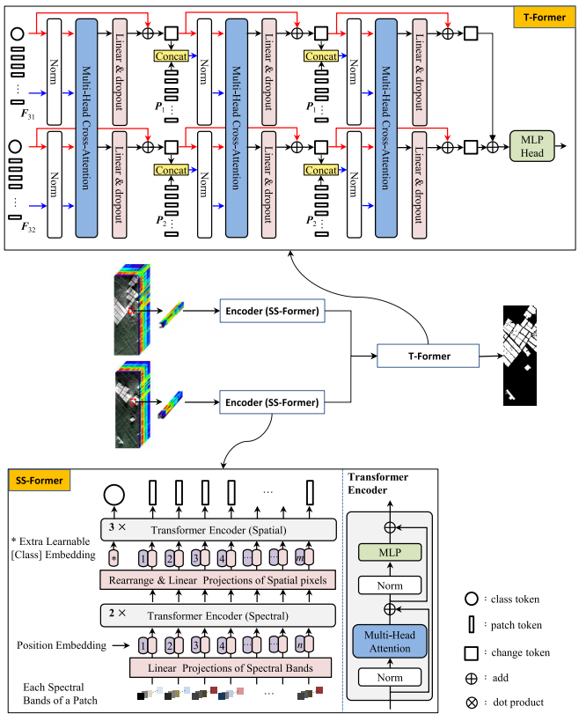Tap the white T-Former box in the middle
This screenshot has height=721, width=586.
428,356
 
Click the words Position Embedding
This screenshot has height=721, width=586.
55,645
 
